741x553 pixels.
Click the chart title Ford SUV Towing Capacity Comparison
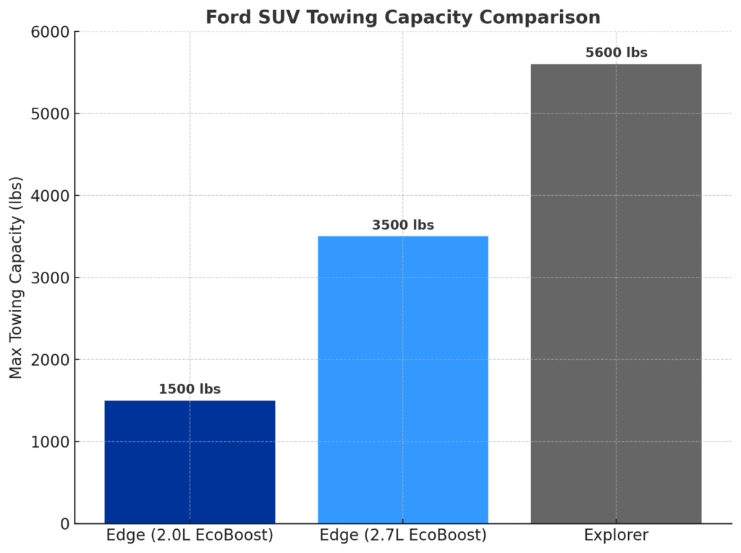pos(402,17)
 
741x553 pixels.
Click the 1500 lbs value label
pos(190,390)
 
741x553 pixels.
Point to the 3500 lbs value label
pos(403,226)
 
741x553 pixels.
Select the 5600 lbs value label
pos(616,53)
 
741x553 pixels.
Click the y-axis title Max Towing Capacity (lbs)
pos(16,278)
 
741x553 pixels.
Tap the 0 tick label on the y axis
pos(64,524)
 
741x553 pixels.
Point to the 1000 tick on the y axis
pos(50,442)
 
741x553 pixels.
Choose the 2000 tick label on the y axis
pos(50,360)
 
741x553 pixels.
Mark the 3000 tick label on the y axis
pos(50,278)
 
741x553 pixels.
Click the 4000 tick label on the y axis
pos(50,196)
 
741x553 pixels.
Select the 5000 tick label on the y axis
pos(50,114)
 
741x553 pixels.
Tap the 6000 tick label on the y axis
pos(50,32)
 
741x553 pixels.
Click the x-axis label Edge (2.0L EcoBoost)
pos(190,536)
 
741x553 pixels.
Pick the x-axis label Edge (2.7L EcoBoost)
pos(403,536)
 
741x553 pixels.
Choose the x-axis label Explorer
pos(616,536)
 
